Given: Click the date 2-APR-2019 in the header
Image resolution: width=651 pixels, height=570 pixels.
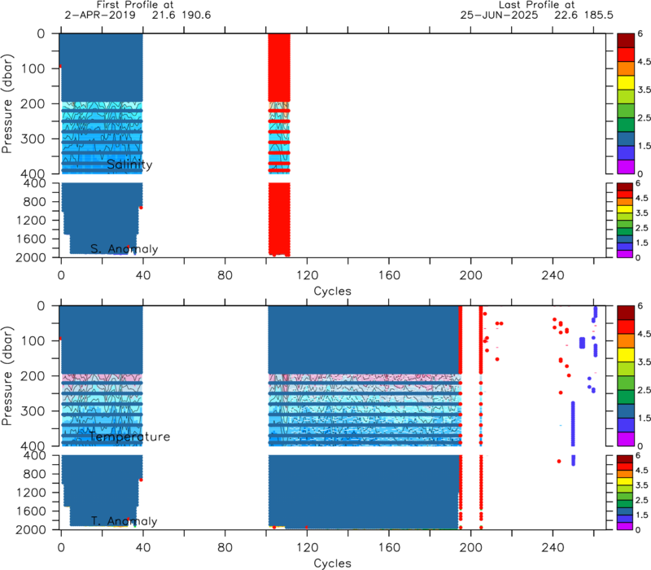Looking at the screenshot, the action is pos(99,15).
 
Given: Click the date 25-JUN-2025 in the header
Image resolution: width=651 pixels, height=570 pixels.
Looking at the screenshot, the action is pos(499,15).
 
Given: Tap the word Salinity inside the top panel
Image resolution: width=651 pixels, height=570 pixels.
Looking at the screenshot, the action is pos(129,164).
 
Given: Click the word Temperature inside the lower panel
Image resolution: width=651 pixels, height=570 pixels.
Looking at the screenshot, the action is pos(129,436).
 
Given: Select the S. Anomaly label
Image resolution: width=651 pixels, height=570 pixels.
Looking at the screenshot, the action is pos(125,249).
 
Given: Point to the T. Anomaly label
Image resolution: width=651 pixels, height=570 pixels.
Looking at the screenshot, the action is pos(125,521).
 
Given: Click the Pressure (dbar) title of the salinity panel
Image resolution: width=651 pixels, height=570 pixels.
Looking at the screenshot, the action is pos(7,103).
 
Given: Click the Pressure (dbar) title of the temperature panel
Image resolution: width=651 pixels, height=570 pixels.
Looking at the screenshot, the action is pos(7,376).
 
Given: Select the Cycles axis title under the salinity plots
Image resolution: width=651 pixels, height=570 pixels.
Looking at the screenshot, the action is pos(332,291).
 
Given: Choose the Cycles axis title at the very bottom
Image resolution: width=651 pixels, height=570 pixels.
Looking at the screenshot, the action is pos(332,563).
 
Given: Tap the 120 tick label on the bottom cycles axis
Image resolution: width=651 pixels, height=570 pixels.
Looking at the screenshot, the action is pos(307,547).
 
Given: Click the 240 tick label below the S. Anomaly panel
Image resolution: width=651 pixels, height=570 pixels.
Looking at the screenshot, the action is pos(553,275).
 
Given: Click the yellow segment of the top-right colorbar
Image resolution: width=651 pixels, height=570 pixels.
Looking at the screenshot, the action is pos(626,82).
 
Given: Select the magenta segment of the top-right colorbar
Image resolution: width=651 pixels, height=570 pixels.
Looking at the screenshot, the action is pos(626,167).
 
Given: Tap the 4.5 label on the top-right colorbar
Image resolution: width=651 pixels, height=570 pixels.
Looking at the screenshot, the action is pos(644,62).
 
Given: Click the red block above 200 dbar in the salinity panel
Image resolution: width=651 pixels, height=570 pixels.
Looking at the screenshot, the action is pos(279,68).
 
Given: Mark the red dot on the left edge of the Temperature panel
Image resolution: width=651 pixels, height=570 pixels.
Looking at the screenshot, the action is pos(59,339).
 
